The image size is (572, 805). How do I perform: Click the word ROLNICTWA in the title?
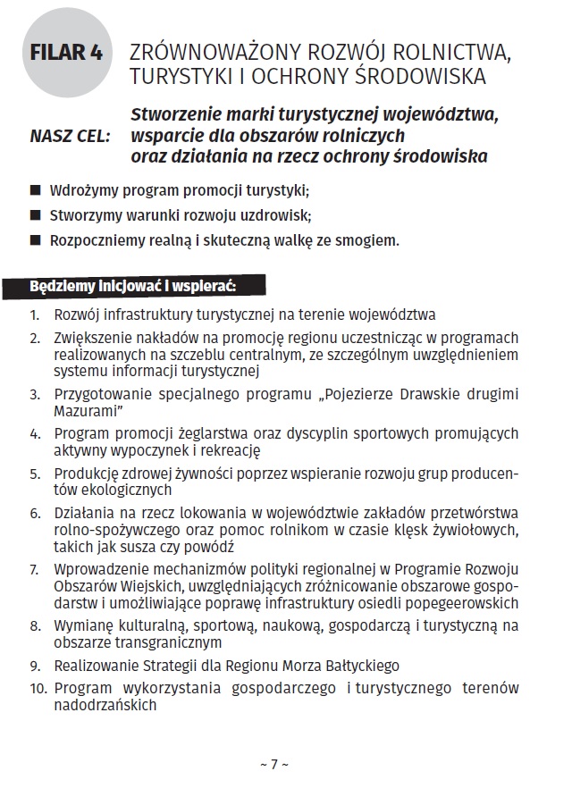point(452,52)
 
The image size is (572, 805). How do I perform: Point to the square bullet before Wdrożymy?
point(36,190)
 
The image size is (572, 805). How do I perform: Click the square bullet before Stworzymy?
point(36,215)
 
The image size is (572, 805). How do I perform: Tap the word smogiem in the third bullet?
point(367,240)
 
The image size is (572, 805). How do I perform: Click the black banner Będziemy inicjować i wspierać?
point(133,288)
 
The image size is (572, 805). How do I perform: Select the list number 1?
point(35,315)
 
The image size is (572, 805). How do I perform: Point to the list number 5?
point(35,474)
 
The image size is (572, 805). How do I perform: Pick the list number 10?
point(37,689)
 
